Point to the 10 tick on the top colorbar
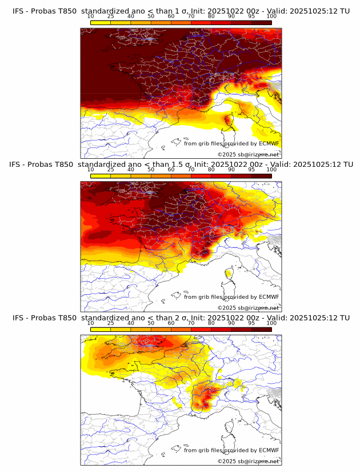[x=91, y=17]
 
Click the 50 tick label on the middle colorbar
[x=151, y=170]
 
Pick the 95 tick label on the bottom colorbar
[x=251, y=323]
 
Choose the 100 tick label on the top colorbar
[x=271, y=17]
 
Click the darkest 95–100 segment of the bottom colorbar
[x=261, y=330]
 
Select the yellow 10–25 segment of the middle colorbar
[x=101, y=176]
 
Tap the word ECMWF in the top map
[x=269, y=143]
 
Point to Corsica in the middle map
[x=229, y=275]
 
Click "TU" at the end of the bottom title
[x=345, y=318]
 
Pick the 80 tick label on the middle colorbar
[x=211, y=170]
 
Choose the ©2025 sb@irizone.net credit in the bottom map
[x=249, y=461]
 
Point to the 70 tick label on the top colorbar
[x=191, y=17]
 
